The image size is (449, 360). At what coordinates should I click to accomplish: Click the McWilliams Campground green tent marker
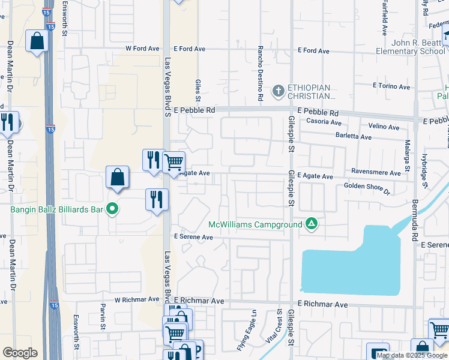pyautogui.click(x=311, y=224)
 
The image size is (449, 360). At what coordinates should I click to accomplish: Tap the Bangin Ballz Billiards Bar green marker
pyautogui.click(x=112, y=209)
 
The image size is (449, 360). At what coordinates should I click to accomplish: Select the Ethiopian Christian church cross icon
pyautogui.click(x=278, y=91)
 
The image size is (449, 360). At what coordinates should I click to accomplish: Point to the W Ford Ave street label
pyautogui.click(x=142, y=49)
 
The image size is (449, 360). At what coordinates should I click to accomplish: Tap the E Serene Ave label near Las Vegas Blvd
pyautogui.click(x=194, y=237)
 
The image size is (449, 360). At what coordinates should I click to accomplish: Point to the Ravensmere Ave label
pyautogui.click(x=376, y=173)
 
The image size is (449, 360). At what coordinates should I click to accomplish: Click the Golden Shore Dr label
pyautogui.click(x=367, y=189)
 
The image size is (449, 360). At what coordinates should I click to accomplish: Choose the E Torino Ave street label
pyautogui.click(x=391, y=86)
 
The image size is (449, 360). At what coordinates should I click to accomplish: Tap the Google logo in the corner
pyautogui.click(x=20, y=353)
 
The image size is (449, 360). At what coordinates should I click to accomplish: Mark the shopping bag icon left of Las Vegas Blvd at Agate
pyautogui.click(x=118, y=177)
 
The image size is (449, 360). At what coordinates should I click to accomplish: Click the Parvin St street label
pyautogui.click(x=103, y=320)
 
